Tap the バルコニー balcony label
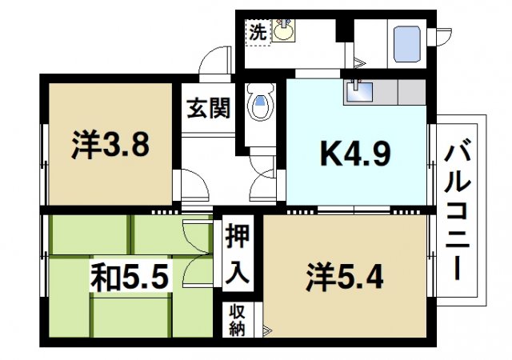(460, 210)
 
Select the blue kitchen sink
(359, 93)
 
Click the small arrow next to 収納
(267, 329)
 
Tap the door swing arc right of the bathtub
(441, 36)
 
